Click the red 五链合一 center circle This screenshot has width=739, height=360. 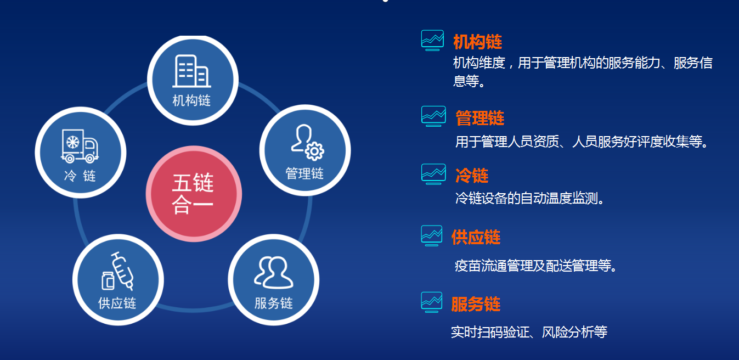(x=194, y=194)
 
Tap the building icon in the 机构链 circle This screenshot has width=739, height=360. (x=191, y=71)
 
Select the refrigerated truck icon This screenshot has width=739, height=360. (x=80, y=146)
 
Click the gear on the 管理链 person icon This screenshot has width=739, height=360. (x=314, y=151)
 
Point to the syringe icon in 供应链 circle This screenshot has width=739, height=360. (x=123, y=271)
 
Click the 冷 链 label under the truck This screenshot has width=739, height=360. (x=80, y=176)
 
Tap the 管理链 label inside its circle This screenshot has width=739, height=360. (x=304, y=173)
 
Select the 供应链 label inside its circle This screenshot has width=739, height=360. (x=117, y=303)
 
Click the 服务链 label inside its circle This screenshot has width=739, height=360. (x=274, y=303)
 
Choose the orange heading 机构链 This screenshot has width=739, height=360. (x=477, y=42)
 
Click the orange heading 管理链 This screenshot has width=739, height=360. (x=479, y=118)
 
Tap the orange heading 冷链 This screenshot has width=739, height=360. (x=472, y=175)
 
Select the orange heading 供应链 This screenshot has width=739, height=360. (x=476, y=237)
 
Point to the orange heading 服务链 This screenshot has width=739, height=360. (x=476, y=304)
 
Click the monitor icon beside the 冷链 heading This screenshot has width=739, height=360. (x=433, y=174)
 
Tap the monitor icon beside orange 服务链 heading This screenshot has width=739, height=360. (x=432, y=302)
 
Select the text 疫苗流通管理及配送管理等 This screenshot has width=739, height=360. (x=535, y=266)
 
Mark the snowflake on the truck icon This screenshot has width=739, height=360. (x=72, y=142)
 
